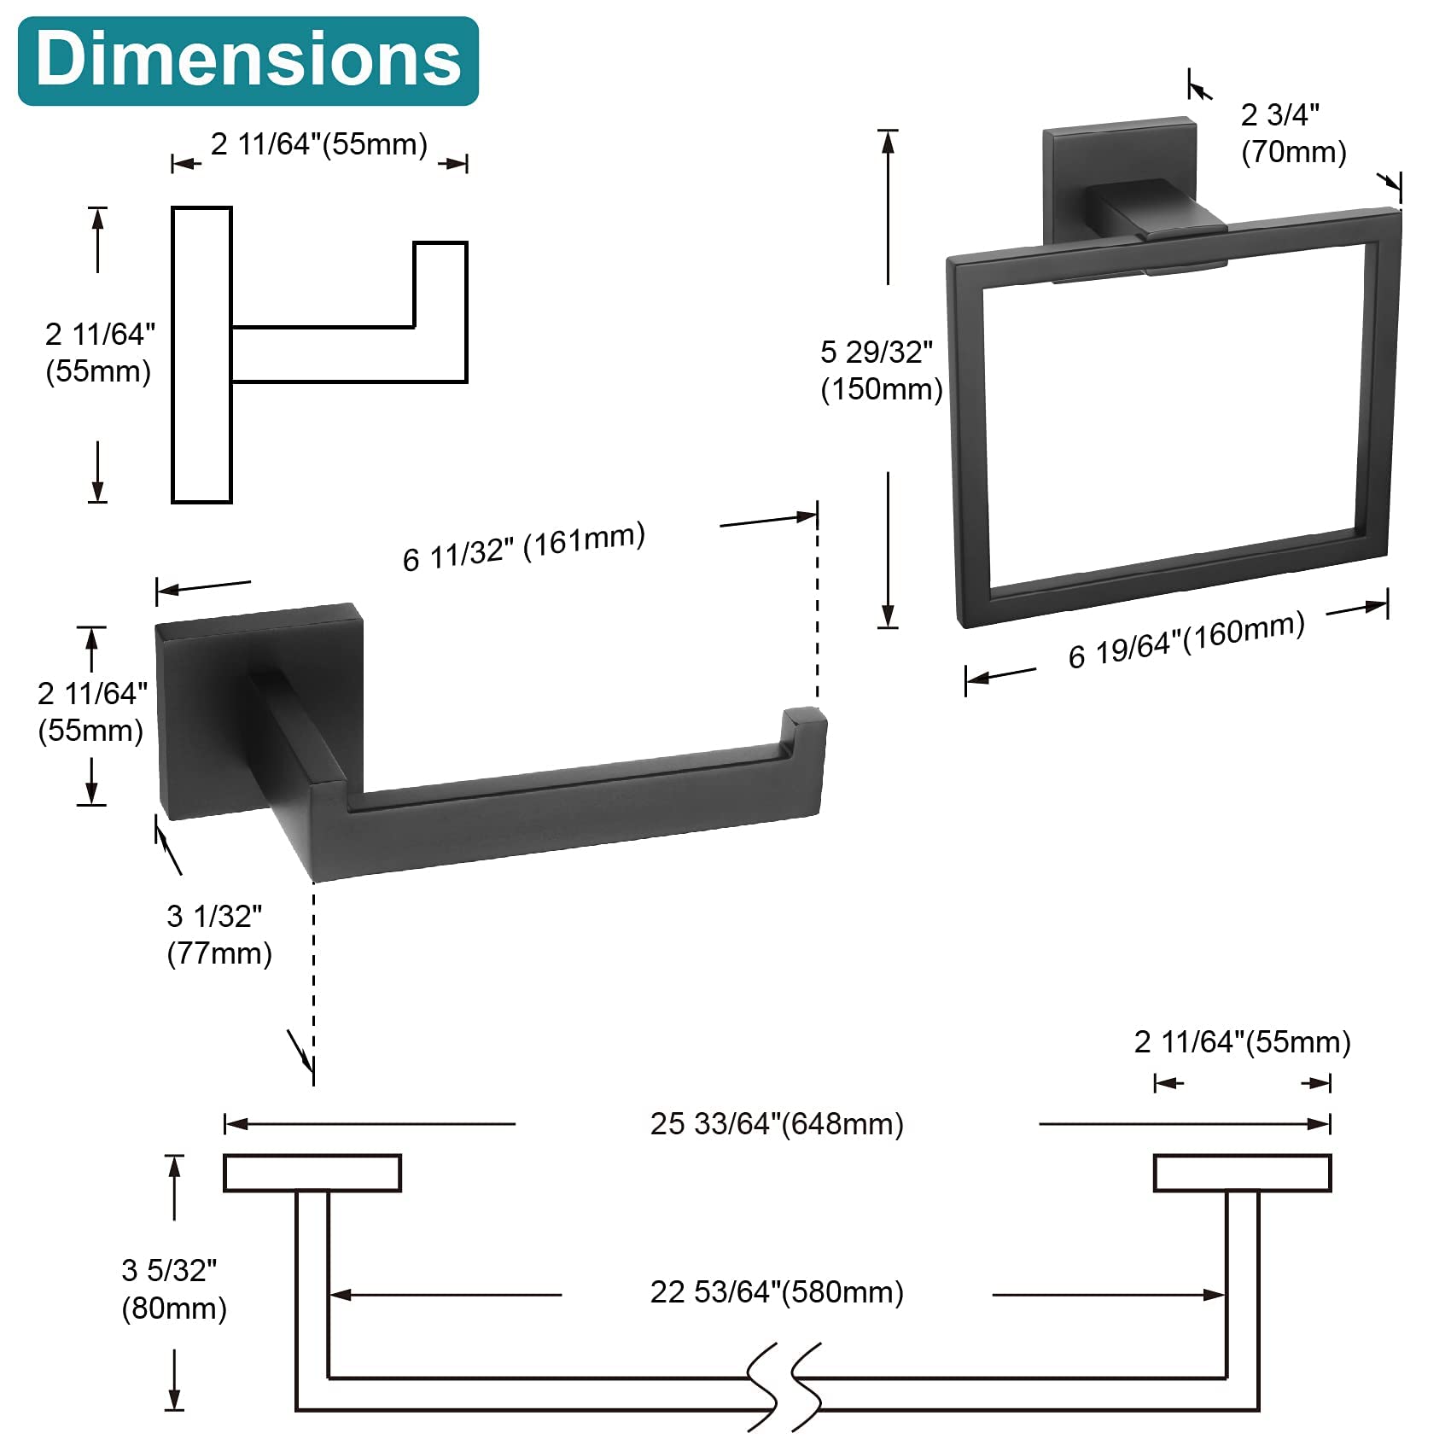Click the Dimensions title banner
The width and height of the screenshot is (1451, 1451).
click(x=248, y=61)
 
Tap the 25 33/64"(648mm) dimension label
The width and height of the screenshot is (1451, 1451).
click(x=777, y=1123)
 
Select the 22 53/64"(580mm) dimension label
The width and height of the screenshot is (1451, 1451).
click(x=777, y=1291)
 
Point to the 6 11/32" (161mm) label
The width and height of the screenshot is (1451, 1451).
click(x=524, y=546)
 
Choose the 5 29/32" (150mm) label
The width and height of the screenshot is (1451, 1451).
click(x=881, y=370)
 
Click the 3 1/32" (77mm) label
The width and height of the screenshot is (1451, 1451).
click(x=219, y=935)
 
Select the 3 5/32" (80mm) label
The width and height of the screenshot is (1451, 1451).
click(x=174, y=1289)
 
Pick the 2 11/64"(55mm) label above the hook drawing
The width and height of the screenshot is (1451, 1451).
click(x=319, y=144)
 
